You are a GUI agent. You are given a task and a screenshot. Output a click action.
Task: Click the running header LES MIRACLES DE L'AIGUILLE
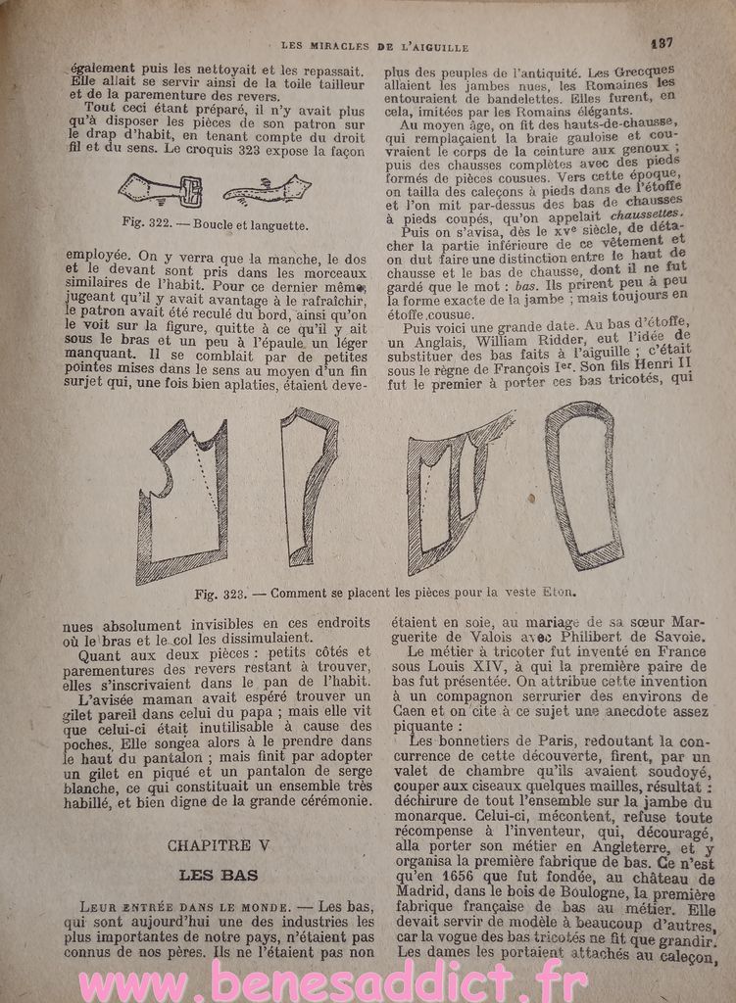click(x=375, y=45)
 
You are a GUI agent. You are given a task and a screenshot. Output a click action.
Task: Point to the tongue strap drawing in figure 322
click(x=268, y=189)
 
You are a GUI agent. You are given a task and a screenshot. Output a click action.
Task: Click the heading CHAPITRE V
click(x=218, y=844)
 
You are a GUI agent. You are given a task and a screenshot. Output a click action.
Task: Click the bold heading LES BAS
click(x=218, y=874)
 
